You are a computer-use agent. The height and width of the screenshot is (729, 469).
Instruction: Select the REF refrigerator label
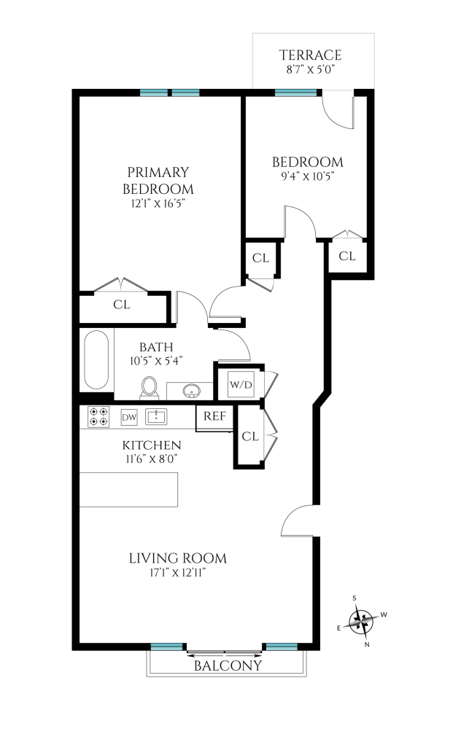[x=214, y=417]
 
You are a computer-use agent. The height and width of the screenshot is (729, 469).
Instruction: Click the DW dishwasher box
[x=129, y=418]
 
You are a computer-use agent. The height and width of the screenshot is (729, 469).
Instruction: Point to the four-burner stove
[x=98, y=417]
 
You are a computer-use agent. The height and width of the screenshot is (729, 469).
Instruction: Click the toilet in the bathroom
[x=150, y=386]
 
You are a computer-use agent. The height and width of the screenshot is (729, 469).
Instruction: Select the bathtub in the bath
[x=97, y=361]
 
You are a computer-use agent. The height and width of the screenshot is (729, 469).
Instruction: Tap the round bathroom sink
[x=192, y=391]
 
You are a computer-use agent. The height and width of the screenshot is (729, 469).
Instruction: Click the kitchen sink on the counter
[x=157, y=417]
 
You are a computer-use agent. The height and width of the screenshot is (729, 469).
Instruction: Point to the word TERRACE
[x=311, y=55]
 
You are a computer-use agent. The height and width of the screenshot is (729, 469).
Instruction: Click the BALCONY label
[x=227, y=666]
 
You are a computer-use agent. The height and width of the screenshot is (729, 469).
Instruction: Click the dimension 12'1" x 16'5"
[x=158, y=204]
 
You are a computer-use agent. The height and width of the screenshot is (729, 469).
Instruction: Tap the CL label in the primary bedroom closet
[x=121, y=305]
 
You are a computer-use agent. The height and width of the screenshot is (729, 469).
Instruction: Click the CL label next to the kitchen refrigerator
[x=250, y=437]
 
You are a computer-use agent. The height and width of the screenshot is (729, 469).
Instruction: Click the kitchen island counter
[x=129, y=489]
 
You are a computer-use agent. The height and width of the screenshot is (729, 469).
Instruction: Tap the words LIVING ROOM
[x=177, y=559]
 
